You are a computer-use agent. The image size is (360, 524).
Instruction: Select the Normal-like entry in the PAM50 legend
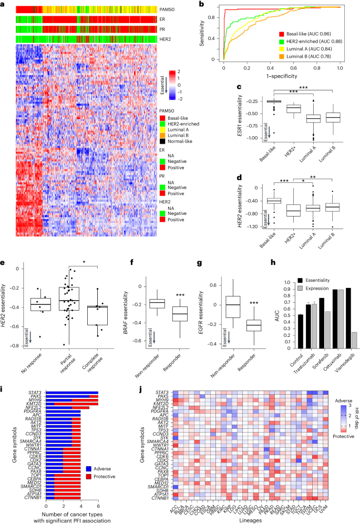coord(178,142)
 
